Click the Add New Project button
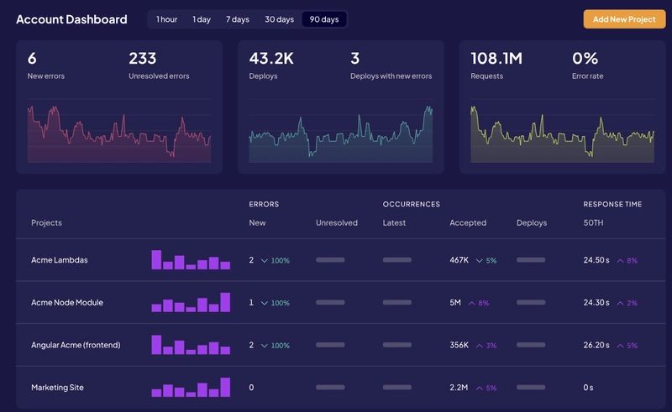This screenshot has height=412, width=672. [624, 18]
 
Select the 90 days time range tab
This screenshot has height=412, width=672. [323, 18]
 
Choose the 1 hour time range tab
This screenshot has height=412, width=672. [166, 18]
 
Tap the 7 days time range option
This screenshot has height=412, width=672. [237, 18]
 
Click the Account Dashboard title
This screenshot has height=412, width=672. [71, 18]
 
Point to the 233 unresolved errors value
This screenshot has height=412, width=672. [143, 58]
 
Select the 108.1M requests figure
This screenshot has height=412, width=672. [496, 58]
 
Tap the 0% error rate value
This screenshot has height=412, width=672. [585, 58]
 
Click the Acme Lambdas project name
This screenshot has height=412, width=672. [59, 260]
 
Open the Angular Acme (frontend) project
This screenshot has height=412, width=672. [76, 345]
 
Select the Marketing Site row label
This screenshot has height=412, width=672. [57, 388]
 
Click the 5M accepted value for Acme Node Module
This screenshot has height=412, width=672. [455, 302]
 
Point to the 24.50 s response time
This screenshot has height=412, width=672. [596, 260]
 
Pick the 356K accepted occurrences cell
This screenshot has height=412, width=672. [459, 345]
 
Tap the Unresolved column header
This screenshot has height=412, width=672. [336, 222]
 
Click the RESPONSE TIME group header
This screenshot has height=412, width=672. [612, 204]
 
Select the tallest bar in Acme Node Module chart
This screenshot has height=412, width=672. [225, 302]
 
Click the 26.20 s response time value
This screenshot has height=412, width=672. [596, 345]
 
